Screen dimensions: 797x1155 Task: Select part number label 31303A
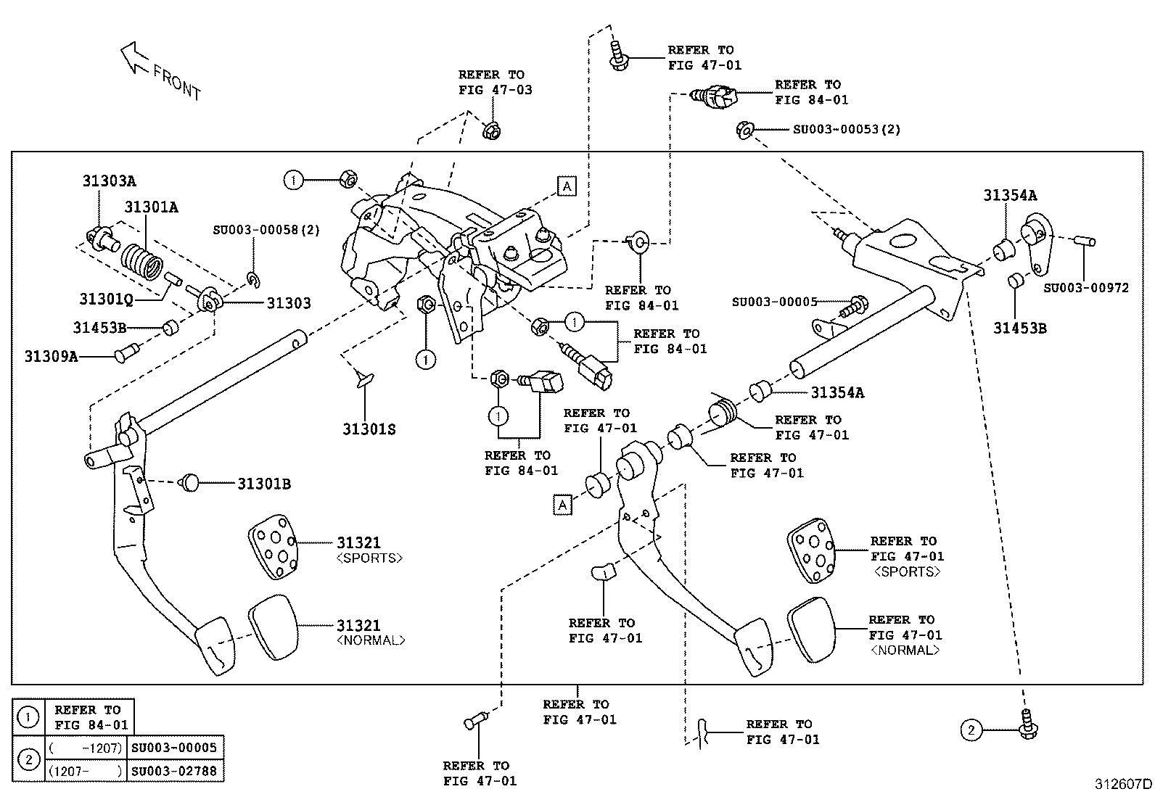tap(108, 181)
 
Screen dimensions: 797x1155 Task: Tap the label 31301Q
tap(106, 299)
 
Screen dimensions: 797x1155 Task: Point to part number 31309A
tap(51, 356)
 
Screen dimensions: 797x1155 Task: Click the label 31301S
tap(369, 429)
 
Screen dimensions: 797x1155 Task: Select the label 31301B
tap(264, 484)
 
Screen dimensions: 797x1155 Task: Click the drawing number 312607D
tap(1123, 784)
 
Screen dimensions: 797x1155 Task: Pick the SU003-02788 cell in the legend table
tap(174, 770)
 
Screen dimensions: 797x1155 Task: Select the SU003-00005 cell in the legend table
tap(174, 747)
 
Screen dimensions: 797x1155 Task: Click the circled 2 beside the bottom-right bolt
tap(971, 730)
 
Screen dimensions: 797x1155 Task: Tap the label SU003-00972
tap(1086, 288)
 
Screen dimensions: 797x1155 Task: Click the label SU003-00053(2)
tap(846, 129)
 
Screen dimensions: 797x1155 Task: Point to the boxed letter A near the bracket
tap(567, 186)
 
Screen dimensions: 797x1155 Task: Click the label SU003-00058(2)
tap(266, 230)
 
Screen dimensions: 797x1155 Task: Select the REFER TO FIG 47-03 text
tap(495, 82)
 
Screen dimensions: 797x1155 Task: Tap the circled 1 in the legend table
tap(28, 718)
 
